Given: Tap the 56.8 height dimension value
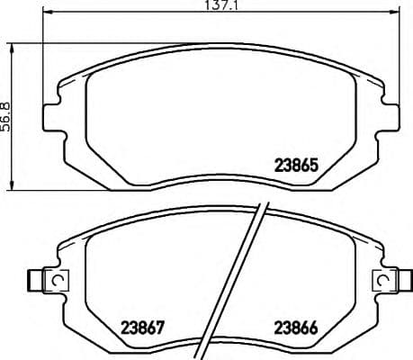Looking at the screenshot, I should click(x=8, y=115).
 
